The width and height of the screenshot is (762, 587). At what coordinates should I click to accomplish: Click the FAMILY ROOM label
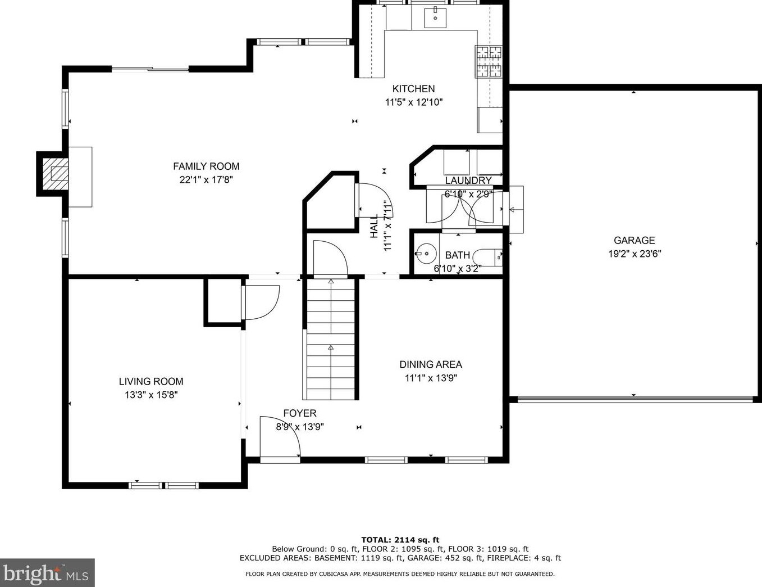206,166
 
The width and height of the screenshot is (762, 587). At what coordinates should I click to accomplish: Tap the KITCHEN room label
413,88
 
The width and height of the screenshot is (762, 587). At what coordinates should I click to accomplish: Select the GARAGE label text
634,240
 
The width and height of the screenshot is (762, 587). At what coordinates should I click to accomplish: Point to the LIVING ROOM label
151,381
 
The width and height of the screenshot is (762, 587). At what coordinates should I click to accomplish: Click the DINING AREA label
431,364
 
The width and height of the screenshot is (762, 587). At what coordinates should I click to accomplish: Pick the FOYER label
300,413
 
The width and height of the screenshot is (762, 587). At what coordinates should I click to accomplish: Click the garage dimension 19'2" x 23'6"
635,254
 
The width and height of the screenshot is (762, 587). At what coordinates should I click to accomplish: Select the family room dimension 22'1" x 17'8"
206,180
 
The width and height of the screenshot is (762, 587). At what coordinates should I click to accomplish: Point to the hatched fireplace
56,174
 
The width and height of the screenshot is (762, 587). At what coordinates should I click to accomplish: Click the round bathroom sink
426,253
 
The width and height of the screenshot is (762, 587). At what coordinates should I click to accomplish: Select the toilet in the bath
488,258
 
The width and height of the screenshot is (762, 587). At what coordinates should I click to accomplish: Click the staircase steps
331,339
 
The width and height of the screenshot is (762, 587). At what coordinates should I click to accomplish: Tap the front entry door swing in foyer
280,436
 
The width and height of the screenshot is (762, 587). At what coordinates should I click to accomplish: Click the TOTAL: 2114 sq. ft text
400,540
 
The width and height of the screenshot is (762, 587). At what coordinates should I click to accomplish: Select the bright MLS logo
47,573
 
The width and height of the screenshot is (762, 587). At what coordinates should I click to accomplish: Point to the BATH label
457,255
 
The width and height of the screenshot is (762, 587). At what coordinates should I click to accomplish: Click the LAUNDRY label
468,180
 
